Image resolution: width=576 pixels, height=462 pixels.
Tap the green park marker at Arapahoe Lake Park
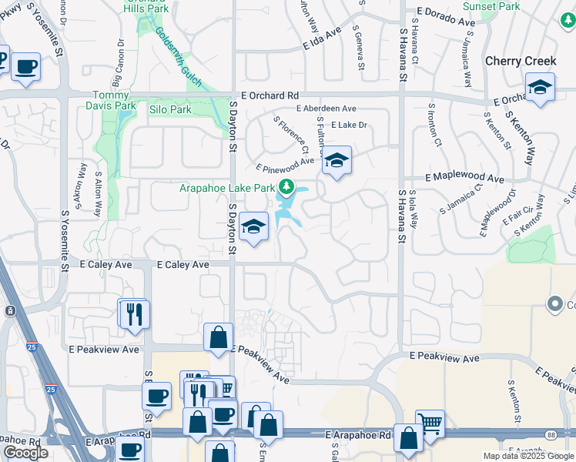pos(286,187)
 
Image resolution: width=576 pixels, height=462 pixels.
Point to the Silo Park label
pos(169,110)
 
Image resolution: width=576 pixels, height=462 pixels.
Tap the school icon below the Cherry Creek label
pos(540,89)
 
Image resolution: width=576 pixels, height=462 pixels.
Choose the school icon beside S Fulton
pos(337,161)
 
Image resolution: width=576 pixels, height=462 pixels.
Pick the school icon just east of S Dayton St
pos(253,227)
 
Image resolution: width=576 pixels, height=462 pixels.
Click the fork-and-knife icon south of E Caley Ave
pos(134,314)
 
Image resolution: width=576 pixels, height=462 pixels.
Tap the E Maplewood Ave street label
pos(463,178)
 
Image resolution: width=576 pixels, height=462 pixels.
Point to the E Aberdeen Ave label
pos(326,109)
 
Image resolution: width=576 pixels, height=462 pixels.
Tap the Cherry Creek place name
pos(520,61)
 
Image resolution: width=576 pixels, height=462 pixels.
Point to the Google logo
pos(25,453)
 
